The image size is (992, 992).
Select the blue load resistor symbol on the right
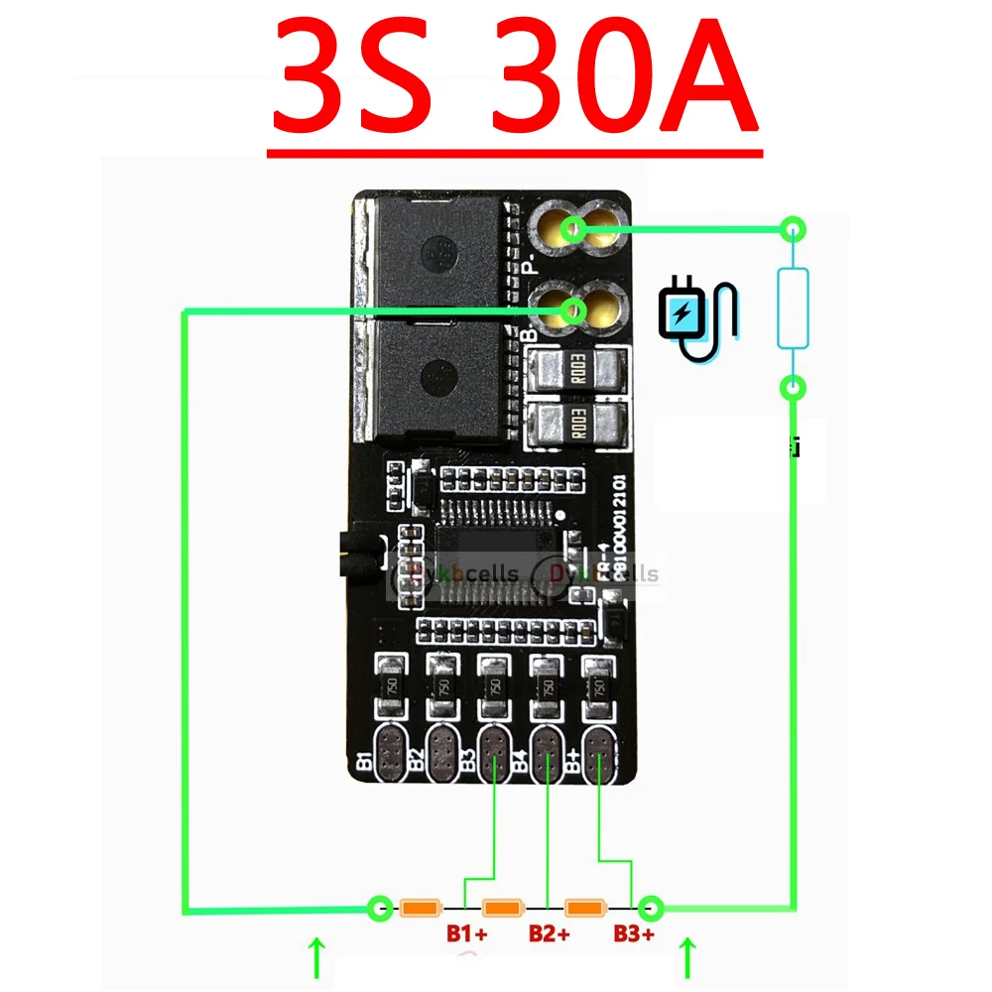[x=792, y=308]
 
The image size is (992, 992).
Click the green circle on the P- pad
[x=571, y=231]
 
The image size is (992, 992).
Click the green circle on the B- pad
[x=571, y=310]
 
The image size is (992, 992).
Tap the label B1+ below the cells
[x=466, y=933]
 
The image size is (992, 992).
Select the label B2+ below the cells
[x=549, y=933]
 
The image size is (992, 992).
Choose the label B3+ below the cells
[x=633, y=933]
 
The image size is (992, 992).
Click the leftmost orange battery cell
[x=420, y=907]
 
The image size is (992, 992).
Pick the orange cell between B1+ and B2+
[x=502, y=907]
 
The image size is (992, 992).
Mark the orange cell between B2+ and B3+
[x=585, y=907]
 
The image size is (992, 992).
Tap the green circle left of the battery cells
[x=379, y=907]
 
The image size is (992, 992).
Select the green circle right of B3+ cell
[x=651, y=907]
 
